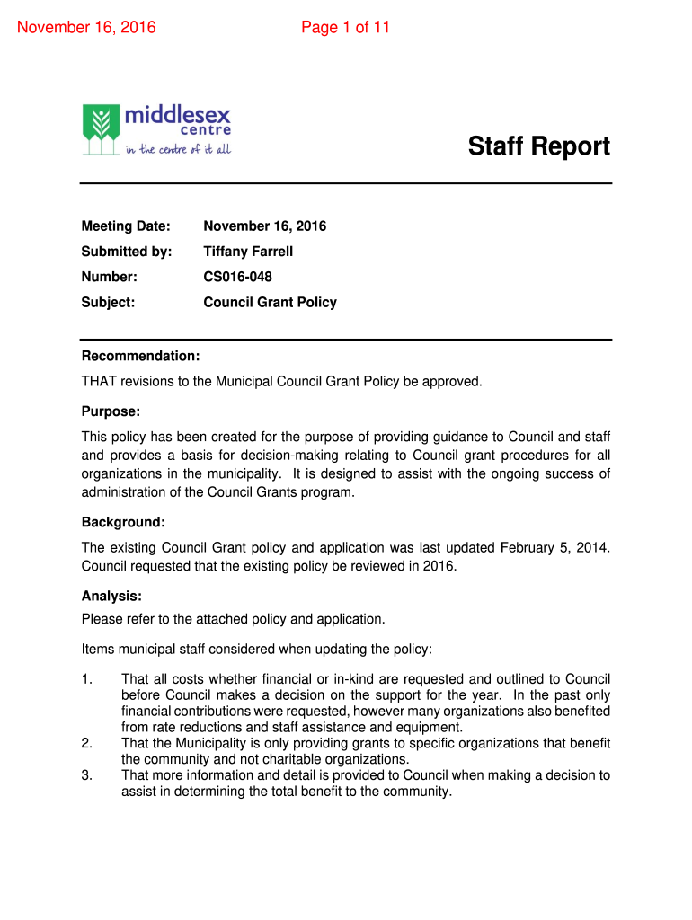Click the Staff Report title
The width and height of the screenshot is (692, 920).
tap(538, 146)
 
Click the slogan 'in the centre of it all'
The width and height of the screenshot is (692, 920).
tap(178, 149)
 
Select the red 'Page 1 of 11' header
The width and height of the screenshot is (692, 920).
tap(345, 27)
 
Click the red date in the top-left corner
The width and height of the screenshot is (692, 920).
tap(87, 27)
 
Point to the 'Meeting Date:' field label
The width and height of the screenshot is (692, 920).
tap(126, 226)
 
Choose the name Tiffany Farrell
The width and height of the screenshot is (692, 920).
tap(248, 252)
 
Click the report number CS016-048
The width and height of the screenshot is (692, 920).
tap(237, 277)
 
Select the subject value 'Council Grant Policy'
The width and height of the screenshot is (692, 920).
tap(270, 302)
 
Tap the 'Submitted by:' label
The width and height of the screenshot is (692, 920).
tap(127, 252)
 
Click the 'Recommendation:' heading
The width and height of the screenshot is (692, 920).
tap(140, 356)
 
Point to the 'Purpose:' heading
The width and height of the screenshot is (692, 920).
tap(111, 411)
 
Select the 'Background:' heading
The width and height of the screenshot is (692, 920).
tap(123, 522)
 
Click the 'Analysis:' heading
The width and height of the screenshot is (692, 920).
tap(111, 596)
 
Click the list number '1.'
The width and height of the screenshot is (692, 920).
tap(87, 679)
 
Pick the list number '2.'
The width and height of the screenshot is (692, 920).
tap(87, 743)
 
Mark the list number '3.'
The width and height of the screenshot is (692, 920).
tap(87, 775)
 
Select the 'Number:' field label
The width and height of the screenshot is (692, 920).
tap(110, 277)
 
